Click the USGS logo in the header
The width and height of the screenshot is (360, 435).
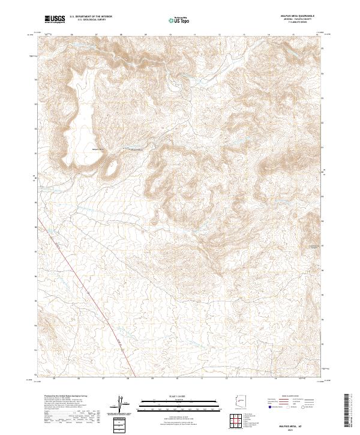point(55,19)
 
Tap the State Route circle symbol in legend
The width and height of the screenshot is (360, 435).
point(301,413)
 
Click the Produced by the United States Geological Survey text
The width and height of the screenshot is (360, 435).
point(66,397)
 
